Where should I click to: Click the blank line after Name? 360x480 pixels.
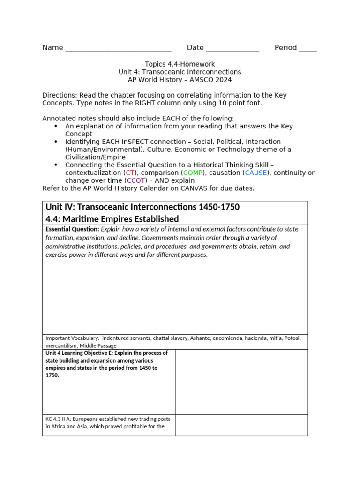pos(118,49)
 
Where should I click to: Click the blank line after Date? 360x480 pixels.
pos(232,49)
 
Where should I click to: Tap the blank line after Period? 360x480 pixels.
pos(307,49)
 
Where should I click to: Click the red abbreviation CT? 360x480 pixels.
pos(130,172)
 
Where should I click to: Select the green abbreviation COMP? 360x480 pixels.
pos(193,172)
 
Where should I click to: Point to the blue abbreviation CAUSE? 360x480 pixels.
pos(255,172)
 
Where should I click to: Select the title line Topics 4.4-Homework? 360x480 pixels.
pos(180,64)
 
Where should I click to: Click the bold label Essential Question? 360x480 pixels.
pos(72,230)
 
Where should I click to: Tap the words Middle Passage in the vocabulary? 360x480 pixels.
pos(96,345)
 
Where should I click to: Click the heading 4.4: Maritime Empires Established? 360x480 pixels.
pos(112,219)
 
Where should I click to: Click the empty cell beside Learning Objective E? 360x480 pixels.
pos(241,382)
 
